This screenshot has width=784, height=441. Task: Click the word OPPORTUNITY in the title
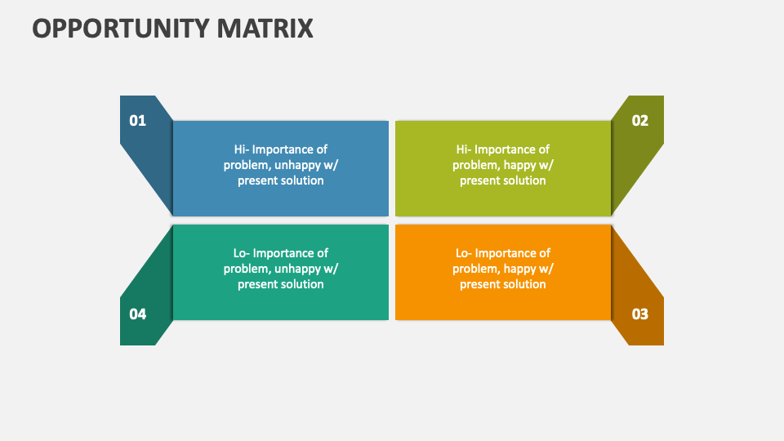click(121, 29)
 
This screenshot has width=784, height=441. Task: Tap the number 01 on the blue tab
click(137, 121)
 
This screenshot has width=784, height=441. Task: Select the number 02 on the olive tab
click(640, 121)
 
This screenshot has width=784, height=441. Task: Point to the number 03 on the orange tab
click(640, 314)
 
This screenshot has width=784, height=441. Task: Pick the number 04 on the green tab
click(137, 314)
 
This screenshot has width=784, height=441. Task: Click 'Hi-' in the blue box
click(242, 149)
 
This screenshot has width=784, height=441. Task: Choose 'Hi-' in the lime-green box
click(464, 149)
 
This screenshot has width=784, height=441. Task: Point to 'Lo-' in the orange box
click(464, 253)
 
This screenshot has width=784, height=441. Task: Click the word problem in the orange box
click(474, 269)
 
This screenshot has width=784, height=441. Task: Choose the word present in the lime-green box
click(479, 180)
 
